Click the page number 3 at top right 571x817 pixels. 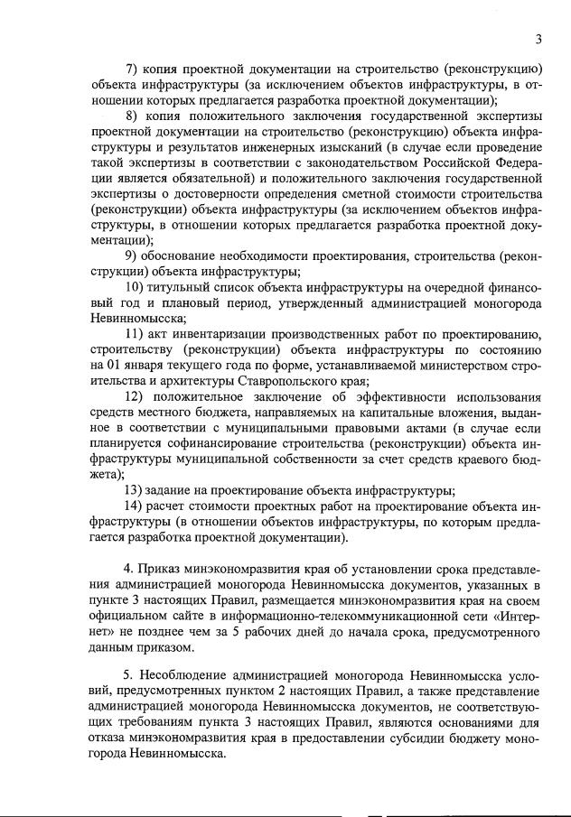click(538, 39)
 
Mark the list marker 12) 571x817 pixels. click(135, 397)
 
